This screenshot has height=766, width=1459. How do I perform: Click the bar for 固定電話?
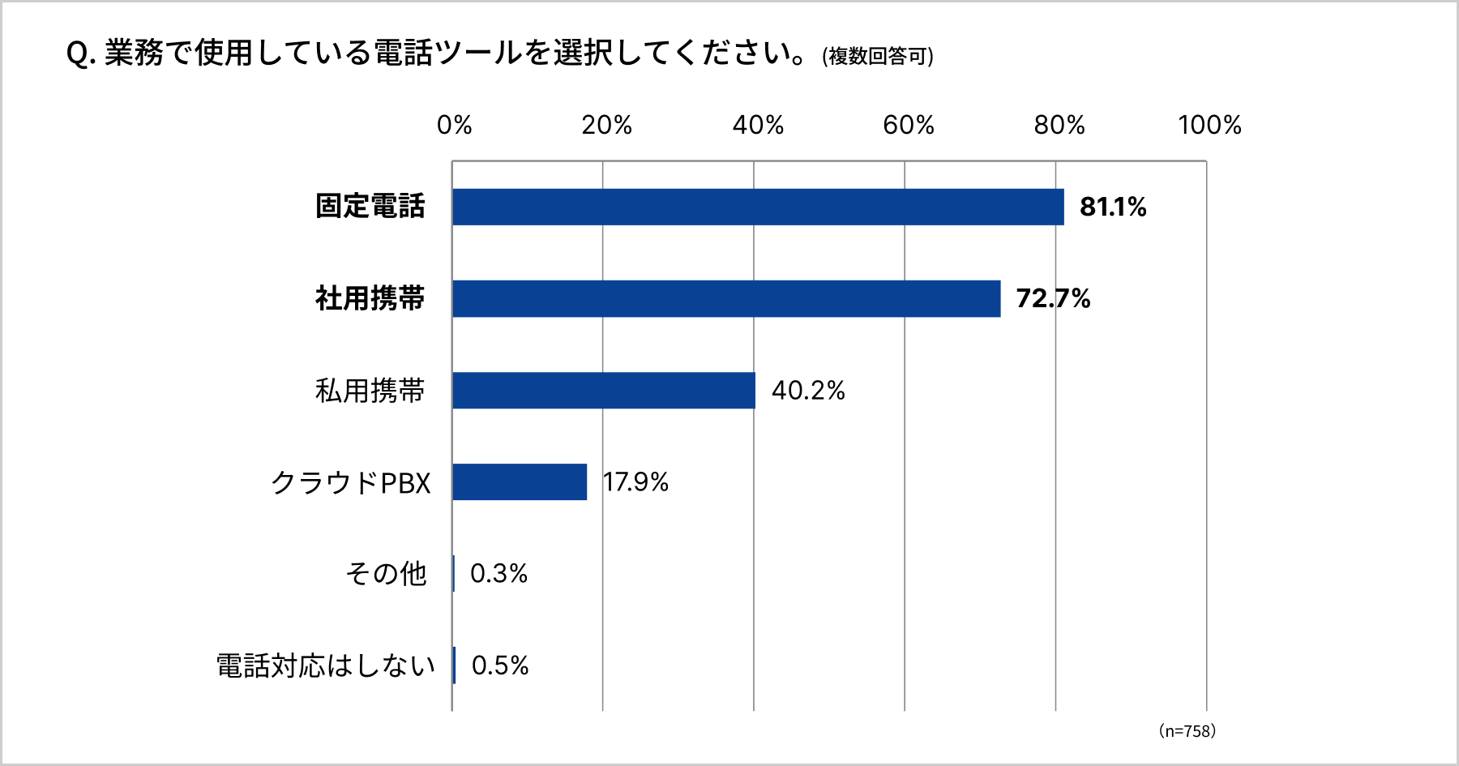pos(758,207)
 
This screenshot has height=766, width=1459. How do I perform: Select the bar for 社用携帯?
pos(726,298)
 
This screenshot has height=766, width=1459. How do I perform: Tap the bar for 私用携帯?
pos(604,390)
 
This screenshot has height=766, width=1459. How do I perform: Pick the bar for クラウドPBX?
pos(520,481)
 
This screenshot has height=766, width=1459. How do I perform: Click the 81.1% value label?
pos(1113,207)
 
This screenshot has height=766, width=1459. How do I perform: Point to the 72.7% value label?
pos(1053,298)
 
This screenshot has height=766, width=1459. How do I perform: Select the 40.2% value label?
pos(808,390)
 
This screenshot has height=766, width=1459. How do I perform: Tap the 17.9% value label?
pos(636,481)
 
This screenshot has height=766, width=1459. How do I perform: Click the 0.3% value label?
pos(498,573)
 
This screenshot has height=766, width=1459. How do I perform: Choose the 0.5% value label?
pos(499,665)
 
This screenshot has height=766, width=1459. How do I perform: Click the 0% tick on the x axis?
pos(454,125)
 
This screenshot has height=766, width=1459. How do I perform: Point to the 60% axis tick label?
pos(908,125)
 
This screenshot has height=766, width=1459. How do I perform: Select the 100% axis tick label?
pos(1209,125)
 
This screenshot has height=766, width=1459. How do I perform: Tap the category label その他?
pos(386,573)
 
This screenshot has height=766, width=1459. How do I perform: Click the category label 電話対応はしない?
pos(326,665)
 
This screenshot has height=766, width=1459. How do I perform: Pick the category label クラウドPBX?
pos(350,482)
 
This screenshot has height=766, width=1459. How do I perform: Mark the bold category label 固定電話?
pos(370,207)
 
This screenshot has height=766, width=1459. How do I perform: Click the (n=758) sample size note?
pos(1187,731)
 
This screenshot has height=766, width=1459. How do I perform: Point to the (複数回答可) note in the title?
pos(878,56)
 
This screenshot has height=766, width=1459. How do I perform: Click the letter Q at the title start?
pos(78,54)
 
